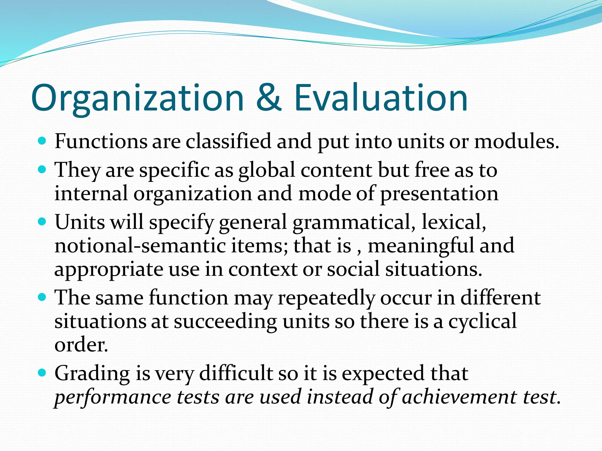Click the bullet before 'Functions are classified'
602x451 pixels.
pyautogui.click(x=43, y=141)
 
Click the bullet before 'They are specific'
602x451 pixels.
pyautogui.click(x=43, y=170)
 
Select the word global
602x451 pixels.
pyautogui.click(x=266, y=170)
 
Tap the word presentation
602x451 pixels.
pyautogui.click(x=439, y=194)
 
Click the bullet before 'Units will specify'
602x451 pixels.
pyautogui.click(x=43, y=221)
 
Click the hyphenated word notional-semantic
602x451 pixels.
pyautogui.click(x=140, y=246)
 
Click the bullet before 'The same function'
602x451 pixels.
pyautogui.click(x=43, y=297)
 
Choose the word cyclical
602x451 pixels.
pyautogui.click(x=482, y=322)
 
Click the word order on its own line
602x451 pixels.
pyautogui.click(x=81, y=345)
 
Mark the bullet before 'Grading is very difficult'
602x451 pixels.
pyautogui.click(x=43, y=373)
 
